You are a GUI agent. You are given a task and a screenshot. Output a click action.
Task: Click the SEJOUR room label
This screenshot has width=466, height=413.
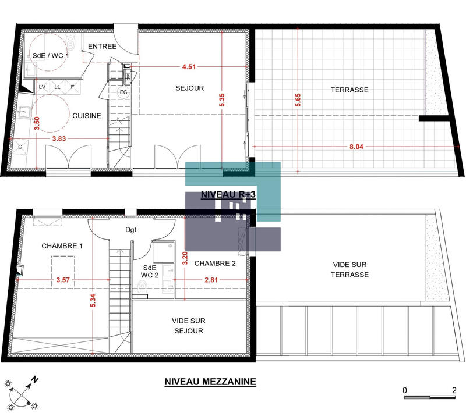point(190,88)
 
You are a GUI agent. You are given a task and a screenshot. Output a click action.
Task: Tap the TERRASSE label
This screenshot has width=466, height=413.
point(349,90)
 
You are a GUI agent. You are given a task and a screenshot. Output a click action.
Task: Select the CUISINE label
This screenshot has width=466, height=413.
point(87,116)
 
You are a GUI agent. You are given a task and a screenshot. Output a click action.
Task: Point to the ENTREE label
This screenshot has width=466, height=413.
point(103,46)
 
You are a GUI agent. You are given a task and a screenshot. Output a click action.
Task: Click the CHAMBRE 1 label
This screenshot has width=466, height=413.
point(62,246)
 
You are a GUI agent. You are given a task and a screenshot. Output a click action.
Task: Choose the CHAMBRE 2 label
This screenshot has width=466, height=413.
point(215,264)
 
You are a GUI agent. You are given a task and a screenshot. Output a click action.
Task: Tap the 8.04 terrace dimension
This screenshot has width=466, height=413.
point(355,147)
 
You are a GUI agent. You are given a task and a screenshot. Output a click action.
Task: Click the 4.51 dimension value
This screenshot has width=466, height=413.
point(188,67)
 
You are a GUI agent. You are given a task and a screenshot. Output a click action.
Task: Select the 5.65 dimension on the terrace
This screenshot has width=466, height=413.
point(298,99)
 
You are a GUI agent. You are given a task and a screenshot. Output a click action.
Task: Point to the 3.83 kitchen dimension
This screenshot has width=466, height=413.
point(59,138)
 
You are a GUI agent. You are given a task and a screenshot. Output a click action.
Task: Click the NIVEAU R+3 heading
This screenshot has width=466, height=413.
point(228,195)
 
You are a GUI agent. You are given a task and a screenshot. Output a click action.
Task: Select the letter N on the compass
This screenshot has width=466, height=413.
point(36,379)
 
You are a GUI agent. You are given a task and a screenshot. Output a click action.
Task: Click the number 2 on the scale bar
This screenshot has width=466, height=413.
point(453,390)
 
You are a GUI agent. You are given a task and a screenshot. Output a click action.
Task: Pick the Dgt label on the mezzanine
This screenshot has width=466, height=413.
point(131,230)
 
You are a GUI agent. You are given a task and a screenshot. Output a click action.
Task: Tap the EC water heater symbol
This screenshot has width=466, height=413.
point(123,92)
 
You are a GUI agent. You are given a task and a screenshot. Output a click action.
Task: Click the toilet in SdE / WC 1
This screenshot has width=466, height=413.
point(71,42)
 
